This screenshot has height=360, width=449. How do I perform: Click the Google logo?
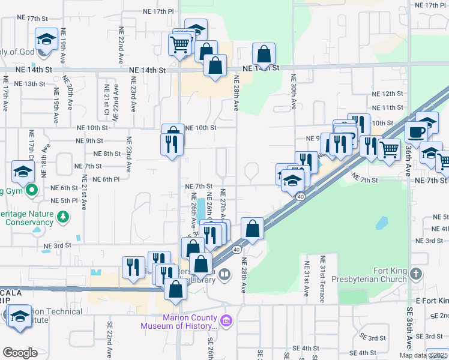tap(20, 353)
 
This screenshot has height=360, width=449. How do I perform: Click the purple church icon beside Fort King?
tap(415, 274)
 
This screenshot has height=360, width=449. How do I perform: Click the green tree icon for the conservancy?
tap(62, 215)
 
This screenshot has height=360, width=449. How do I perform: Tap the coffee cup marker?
tap(415, 131)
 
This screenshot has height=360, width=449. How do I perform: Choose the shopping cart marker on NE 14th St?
tap(180, 43)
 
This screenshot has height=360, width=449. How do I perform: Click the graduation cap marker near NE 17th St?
tap(45, 40)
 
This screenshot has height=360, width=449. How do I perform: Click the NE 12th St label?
tap(387, 94)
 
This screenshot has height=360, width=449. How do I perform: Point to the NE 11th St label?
tap(387, 107)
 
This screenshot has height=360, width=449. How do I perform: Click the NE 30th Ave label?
tap(294, 91)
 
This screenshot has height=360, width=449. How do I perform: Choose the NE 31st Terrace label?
tap(322, 277)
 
